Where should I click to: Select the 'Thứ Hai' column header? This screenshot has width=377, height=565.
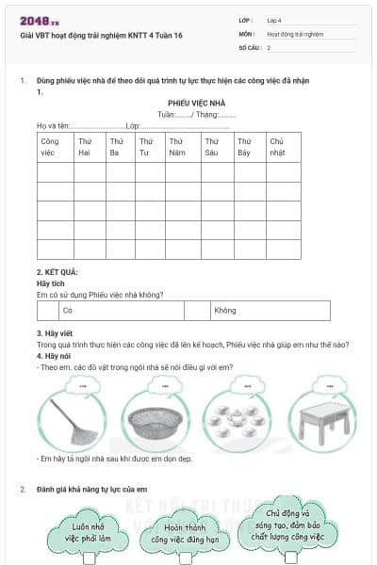click(x=88, y=146)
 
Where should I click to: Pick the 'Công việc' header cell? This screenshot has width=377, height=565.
click(x=52, y=146)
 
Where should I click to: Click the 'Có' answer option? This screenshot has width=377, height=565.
click(x=68, y=310)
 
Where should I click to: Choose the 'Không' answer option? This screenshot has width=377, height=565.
click(x=225, y=310)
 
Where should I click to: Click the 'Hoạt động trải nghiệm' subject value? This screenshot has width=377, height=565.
click(x=295, y=33)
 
